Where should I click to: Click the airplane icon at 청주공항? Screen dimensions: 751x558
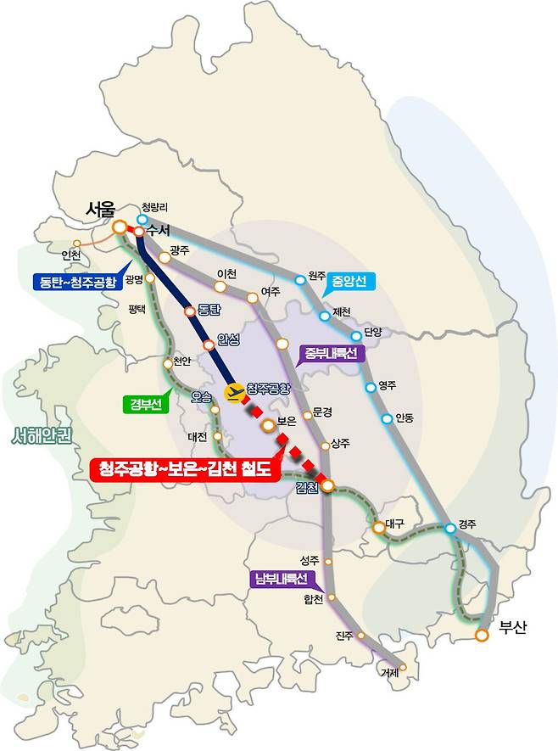[232, 392]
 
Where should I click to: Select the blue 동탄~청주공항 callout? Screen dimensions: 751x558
[76, 282]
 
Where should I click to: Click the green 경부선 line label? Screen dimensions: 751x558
[146, 405]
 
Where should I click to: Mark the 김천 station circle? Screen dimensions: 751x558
[326, 486]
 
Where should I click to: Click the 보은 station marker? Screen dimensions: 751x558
[268, 424]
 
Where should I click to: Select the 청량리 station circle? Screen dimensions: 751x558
[142, 219]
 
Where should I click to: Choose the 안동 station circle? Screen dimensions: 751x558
[388, 418]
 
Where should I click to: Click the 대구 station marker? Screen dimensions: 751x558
[378, 529]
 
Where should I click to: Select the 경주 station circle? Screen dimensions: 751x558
[450, 529]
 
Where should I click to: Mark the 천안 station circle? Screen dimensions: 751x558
[167, 365]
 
